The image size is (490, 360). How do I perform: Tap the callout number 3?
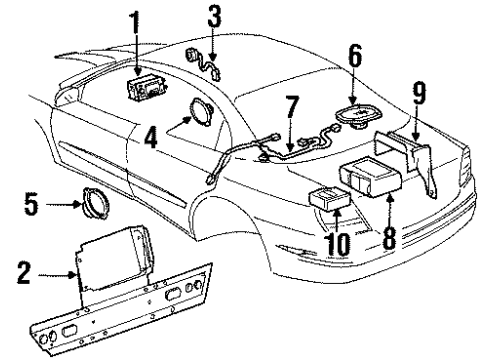[213, 17]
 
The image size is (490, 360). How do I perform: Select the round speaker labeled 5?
[94, 208]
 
